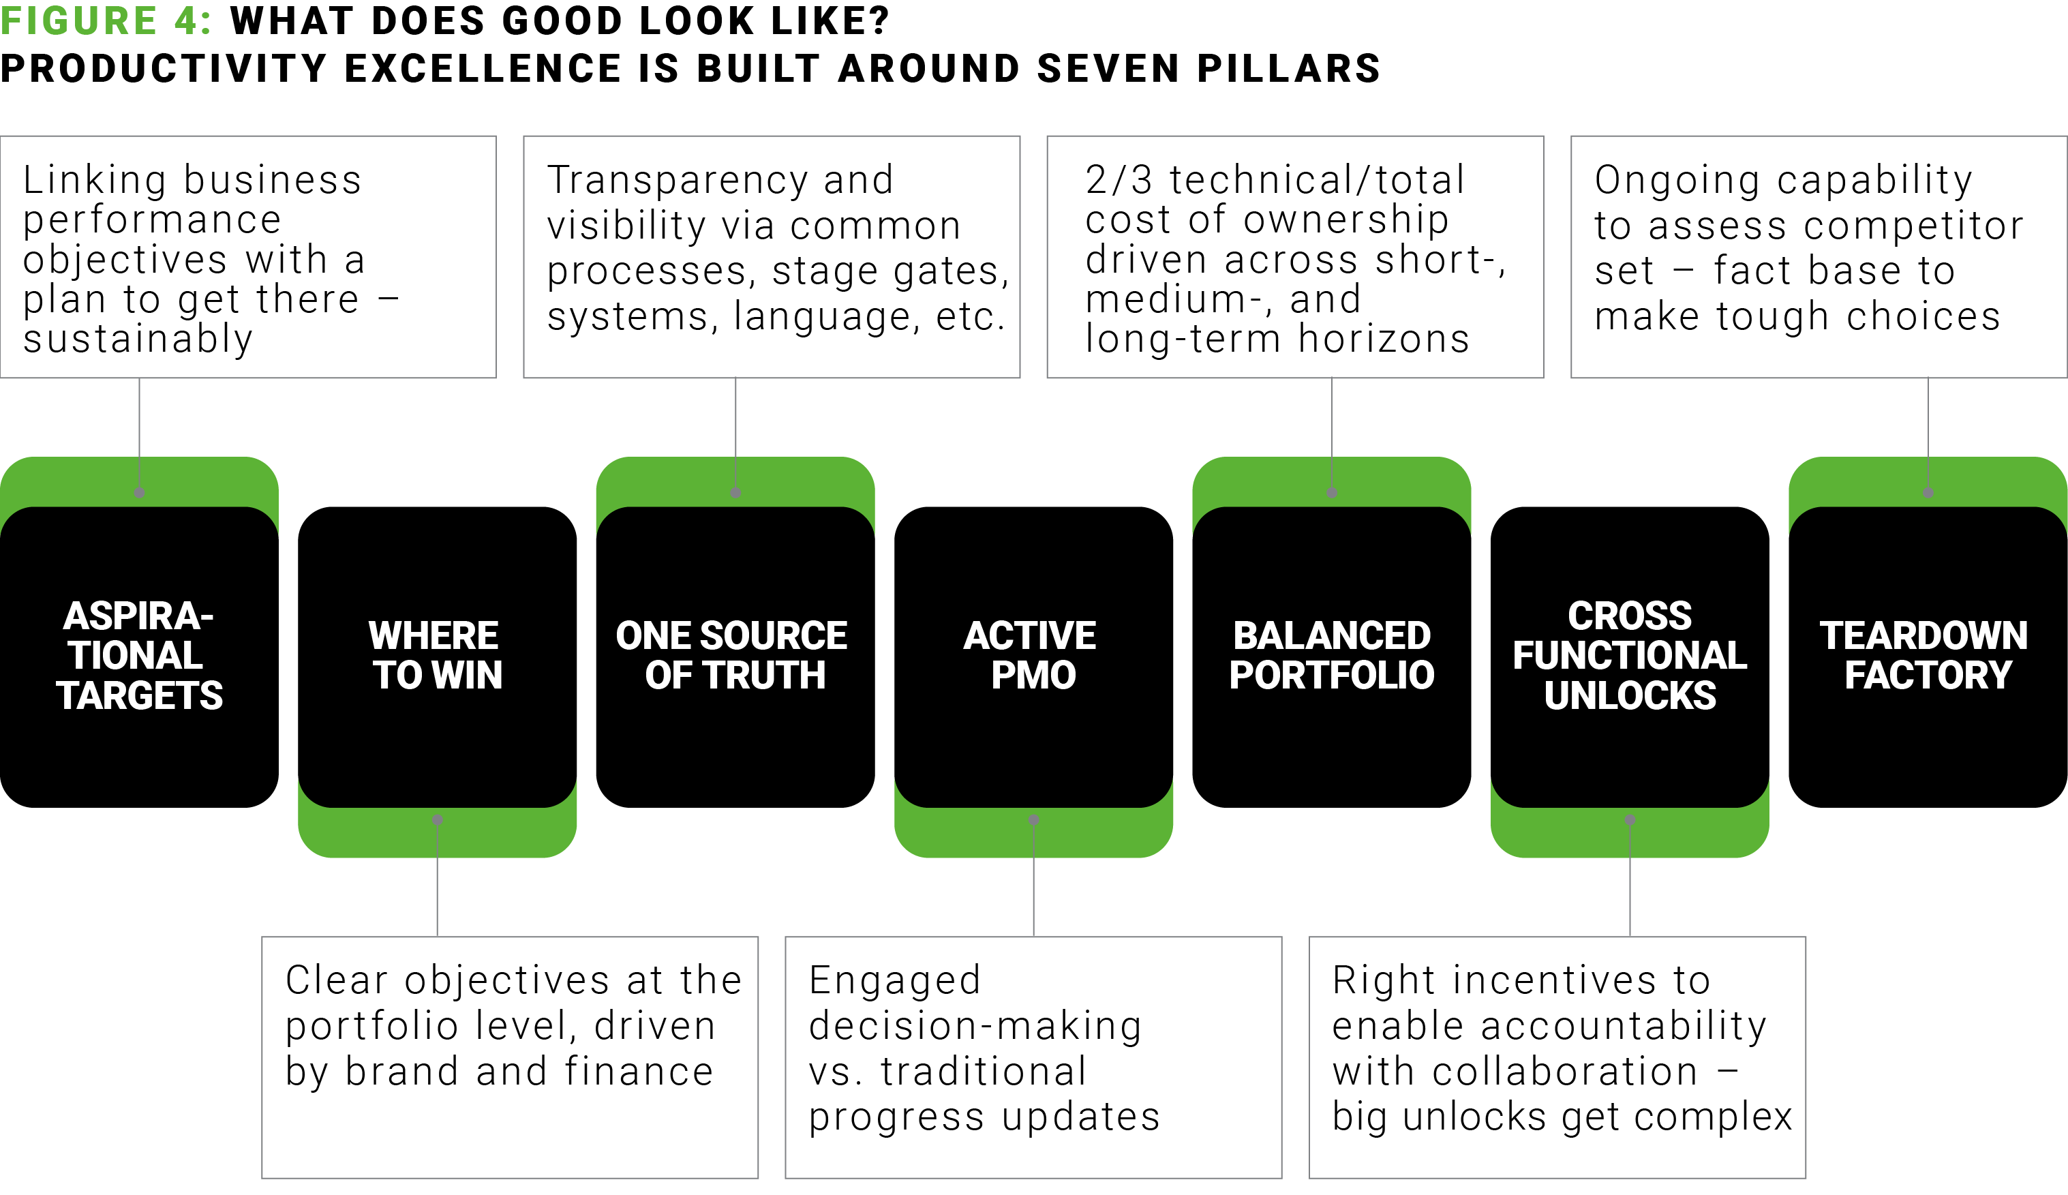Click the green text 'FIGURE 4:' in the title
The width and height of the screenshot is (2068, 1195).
click(x=106, y=20)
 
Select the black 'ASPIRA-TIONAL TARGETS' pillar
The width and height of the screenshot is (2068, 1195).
click(x=140, y=656)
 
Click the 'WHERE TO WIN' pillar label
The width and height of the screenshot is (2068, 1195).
click(x=438, y=656)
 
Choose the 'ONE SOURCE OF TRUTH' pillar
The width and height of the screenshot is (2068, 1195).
click(x=735, y=656)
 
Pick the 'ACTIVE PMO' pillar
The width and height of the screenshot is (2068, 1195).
click(x=1033, y=656)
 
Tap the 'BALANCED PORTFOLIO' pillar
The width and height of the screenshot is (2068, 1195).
click(x=1332, y=656)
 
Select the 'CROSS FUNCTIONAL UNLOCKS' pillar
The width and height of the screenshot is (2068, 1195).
click(x=1630, y=656)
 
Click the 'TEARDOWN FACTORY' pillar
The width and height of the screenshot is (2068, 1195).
click(x=1928, y=656)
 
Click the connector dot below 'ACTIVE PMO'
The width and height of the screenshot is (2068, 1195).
click(x=1034, y=820)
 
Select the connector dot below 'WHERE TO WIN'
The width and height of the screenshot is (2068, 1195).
click(x=438, y=820)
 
